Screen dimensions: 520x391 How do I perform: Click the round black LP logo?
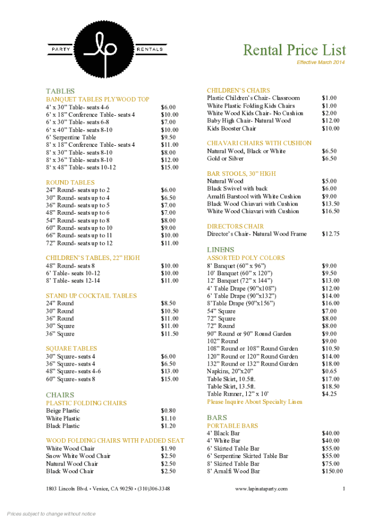[x=107, y=49]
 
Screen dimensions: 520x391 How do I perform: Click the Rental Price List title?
[x=295, y=50]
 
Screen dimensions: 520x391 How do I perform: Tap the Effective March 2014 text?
[x=320, y=62]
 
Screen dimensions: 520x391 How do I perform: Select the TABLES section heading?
[x=60, y=90]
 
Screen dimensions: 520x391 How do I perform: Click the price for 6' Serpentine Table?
[x=169, y=137]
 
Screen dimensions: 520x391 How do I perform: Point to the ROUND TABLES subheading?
[x=70, y=182]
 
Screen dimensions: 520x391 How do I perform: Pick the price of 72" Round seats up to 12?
[x=170, y=243]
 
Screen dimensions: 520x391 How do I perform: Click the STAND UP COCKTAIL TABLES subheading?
[x=91, y=296]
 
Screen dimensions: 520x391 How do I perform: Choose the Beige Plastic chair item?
[x=63, y=410]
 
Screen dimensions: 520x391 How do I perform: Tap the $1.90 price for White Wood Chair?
[x=169, y=448]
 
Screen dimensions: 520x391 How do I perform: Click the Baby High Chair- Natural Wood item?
[x=249, y=121]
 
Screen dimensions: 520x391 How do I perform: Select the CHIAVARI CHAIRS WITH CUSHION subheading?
[x=259, y=143]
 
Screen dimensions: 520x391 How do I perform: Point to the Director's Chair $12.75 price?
[x=331, y=234]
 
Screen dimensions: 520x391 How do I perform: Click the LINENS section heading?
[x=220, y=250]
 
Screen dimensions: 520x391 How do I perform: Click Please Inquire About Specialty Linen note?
[x=254, y=402]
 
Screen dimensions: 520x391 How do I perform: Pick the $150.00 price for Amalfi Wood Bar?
[x=332, y=471]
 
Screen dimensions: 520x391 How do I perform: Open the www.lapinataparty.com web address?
[x=261, y=489]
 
